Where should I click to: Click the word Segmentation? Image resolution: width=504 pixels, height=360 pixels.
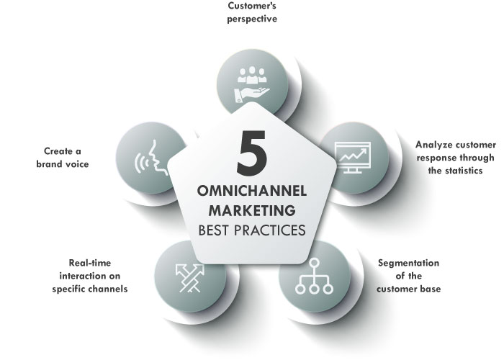click(x=409, y=263)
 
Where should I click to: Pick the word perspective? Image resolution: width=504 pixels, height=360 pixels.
click(x=252, y=19)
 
